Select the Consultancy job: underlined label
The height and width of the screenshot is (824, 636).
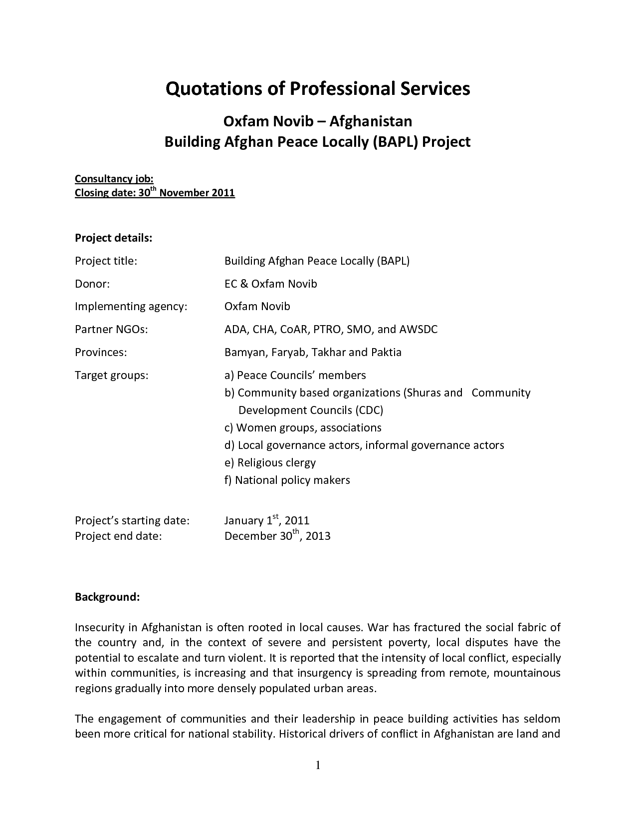(114, 179)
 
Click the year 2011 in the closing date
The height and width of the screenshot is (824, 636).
(223, 193)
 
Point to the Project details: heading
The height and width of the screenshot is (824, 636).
(113, 238)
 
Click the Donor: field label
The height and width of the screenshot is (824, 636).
(92, 284)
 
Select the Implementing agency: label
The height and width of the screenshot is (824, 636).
(131, 306)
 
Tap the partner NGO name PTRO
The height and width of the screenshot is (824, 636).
(327, 329)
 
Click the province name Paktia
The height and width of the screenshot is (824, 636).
(386, 352)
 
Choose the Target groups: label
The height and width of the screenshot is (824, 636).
(112, 375)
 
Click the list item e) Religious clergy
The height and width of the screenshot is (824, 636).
(270, 462)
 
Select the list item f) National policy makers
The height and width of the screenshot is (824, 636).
(287, 480)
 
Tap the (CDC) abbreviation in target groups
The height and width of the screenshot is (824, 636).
(369, 410)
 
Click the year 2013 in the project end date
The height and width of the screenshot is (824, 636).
(318, 536)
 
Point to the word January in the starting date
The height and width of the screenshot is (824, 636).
(244, 521)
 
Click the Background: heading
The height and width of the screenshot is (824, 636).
(107, 597)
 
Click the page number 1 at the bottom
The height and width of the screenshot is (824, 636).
(318, 766)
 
